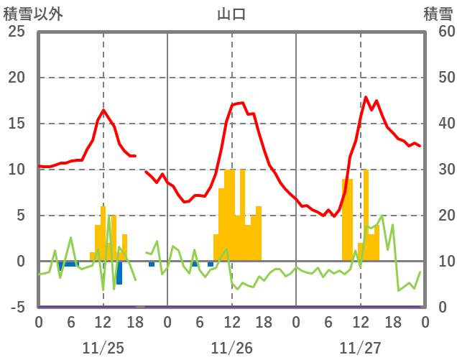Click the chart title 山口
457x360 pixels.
coord(231,14)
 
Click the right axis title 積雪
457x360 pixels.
coord(438,14)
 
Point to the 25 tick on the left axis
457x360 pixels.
coord(17,32)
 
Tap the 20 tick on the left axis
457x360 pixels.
coord(17,78)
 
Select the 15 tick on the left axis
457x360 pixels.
coord(17,124)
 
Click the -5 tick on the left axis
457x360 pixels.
coord(17,307)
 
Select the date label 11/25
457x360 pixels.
coord(103,348)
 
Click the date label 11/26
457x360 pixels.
coord(231,348)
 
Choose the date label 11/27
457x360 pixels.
coord(360,348)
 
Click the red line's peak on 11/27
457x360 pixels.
coord(366,97)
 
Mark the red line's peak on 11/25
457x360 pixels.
coord(103,110)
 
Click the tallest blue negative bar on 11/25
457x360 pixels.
coord(119,272)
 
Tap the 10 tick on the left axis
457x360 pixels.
coord(17,170)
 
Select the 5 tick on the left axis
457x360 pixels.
coord(21,216)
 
